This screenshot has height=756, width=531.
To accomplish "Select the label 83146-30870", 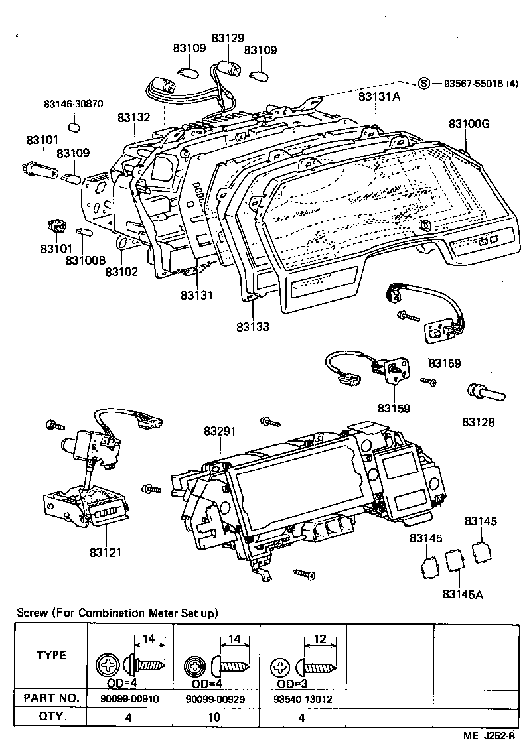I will click(74, 105).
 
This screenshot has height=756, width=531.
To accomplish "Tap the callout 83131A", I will click(380, 96).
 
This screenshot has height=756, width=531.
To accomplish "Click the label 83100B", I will click(86, 259).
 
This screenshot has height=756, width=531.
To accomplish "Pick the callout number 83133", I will click(252, 327).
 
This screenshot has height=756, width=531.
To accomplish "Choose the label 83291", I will click(220, 432).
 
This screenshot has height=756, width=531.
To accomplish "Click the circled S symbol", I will click(424, 83).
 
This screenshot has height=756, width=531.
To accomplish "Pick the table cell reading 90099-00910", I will click(129, 698).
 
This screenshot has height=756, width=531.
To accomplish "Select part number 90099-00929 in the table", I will click(215, 698).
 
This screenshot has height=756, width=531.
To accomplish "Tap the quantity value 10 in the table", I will click(215, 717).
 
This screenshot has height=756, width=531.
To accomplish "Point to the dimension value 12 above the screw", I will click(320, 639).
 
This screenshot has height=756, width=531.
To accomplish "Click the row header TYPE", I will click(51, 655).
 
